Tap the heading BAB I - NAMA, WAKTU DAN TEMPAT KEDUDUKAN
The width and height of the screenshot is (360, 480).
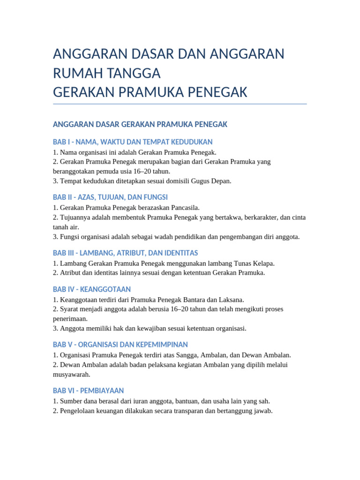133,142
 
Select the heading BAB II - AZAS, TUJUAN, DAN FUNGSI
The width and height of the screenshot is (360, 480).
110,197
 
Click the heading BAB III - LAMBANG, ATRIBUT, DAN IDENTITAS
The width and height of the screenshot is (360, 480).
125,253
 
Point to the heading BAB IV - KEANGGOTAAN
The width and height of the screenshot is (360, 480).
92,289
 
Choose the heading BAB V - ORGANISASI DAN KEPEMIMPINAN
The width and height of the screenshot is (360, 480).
120,345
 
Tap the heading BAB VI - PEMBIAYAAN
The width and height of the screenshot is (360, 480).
88,390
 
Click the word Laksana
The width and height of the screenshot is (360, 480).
231,300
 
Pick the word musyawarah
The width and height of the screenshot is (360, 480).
71,375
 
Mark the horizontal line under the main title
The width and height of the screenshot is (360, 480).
180,104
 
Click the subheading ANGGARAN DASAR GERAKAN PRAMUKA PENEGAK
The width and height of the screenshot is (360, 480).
140,124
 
